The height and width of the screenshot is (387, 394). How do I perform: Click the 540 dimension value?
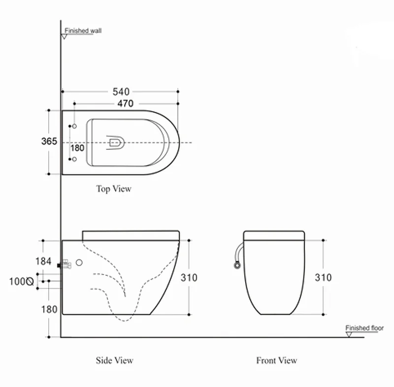point(121,91)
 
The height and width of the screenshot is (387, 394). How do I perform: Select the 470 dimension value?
point(125,104)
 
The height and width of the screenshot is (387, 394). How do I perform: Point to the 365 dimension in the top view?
point(49,141)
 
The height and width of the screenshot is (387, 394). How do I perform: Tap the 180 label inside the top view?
point(77,147)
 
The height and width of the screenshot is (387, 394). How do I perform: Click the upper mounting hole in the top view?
point(74,127)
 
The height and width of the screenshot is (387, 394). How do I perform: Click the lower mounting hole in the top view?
point(74,159)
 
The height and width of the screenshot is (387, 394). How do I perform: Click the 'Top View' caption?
point(114,188)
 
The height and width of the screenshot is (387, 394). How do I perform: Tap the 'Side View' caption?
point(114,360)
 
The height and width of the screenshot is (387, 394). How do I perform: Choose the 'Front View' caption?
point(276,360)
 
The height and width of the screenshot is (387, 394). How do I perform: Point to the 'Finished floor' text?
point(364,328)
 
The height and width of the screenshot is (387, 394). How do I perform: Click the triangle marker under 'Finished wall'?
point(64,36)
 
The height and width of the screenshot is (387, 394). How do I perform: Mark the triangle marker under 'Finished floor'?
point(349,334)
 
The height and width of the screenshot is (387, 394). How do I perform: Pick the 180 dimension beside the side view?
point(49,309)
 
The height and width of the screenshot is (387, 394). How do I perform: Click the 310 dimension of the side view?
point(189,278)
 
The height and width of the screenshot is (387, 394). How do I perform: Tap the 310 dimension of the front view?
point(323,278)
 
